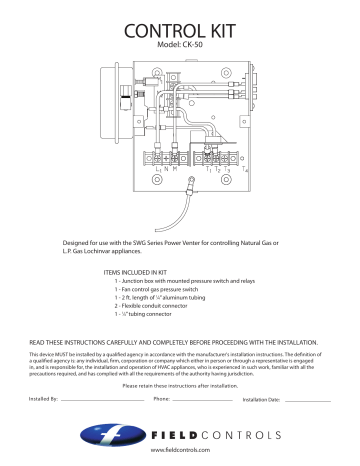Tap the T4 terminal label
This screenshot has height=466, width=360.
tap(244, 170)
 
